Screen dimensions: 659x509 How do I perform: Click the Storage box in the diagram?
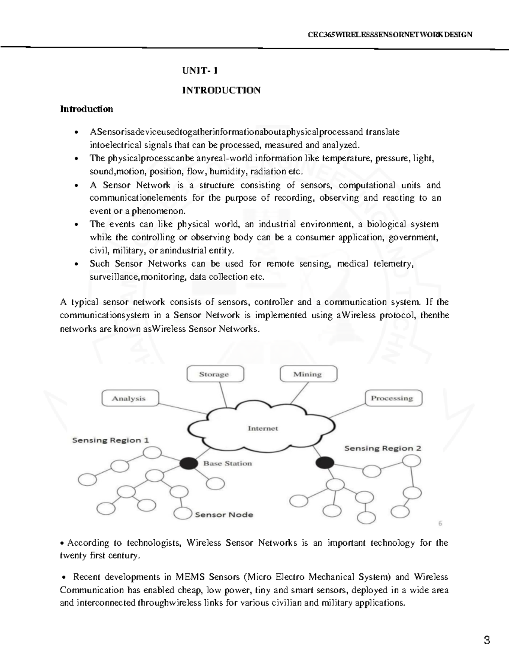[215, 374]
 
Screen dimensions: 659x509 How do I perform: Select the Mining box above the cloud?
[308, 374]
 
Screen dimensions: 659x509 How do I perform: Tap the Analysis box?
[130, 398]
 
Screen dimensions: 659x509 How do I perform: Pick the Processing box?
[393, 398]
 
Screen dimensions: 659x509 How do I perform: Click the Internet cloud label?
[263, 429]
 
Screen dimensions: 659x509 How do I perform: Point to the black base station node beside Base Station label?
[189, 463]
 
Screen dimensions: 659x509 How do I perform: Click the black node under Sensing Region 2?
[325, 463]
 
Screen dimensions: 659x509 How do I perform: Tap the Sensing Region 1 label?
[110, 440]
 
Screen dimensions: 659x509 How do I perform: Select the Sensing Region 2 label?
[383, 448]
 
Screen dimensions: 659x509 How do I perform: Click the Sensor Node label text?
[224, 515]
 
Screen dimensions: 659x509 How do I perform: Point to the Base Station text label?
[227, 463]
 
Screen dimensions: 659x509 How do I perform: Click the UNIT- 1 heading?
[200, 70]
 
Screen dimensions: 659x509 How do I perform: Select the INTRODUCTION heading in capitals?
[221, 90]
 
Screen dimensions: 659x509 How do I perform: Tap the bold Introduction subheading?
[87, 109]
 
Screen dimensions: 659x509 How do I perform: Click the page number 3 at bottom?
[487, 640]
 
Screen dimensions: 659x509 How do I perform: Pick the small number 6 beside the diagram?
[440, 523]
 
